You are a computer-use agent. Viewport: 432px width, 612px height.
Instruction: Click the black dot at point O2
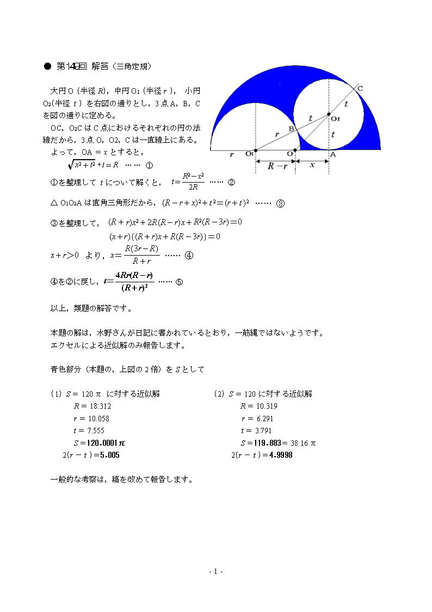pos(329,114)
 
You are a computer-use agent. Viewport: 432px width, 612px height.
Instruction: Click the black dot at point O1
pos(255,150)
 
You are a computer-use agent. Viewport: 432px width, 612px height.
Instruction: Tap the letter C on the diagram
pos(360,89)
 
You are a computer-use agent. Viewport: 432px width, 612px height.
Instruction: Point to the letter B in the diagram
pos(291,129)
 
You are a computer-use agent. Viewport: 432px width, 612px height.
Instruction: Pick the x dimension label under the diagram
pos(312,166)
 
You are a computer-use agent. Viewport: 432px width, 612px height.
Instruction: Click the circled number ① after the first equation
pos(149,165)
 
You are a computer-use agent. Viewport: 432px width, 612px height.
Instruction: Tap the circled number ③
pos(280,204)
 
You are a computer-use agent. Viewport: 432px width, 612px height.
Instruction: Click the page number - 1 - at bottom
pos(216,571)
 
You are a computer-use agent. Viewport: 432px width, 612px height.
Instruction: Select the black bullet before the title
pos(46,66)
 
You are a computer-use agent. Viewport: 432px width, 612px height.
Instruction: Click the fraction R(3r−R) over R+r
pos(141,255)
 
